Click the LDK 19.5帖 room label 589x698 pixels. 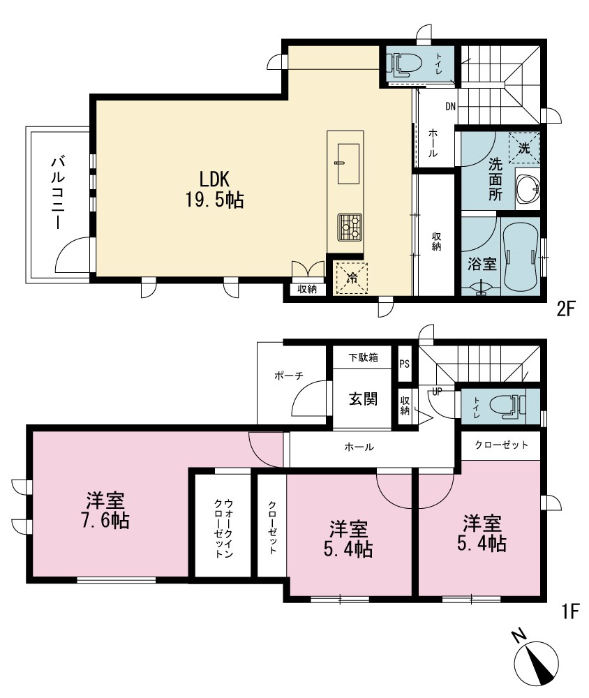coord(214,190)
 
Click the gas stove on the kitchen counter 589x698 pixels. coord(350,227)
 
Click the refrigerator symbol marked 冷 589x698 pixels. coord(351,279)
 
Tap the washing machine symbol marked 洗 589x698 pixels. coord(524,147)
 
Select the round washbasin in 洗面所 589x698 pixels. coord(528,188)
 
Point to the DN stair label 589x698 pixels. coord(450,107)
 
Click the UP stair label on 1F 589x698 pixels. coord(437,392)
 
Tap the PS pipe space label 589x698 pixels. coord(404,364)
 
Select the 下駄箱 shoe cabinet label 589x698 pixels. coord(363,357)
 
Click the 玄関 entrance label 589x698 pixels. coord(364,399)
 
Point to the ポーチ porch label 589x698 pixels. coord(289,376)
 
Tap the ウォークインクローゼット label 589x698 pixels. coord(223,528)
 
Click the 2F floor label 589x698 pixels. coord(566,309)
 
